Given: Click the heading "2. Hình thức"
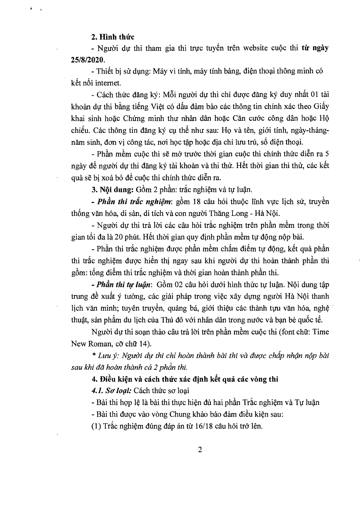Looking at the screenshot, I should (113, 37).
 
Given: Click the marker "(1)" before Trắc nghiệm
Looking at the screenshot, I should (96, 426).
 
